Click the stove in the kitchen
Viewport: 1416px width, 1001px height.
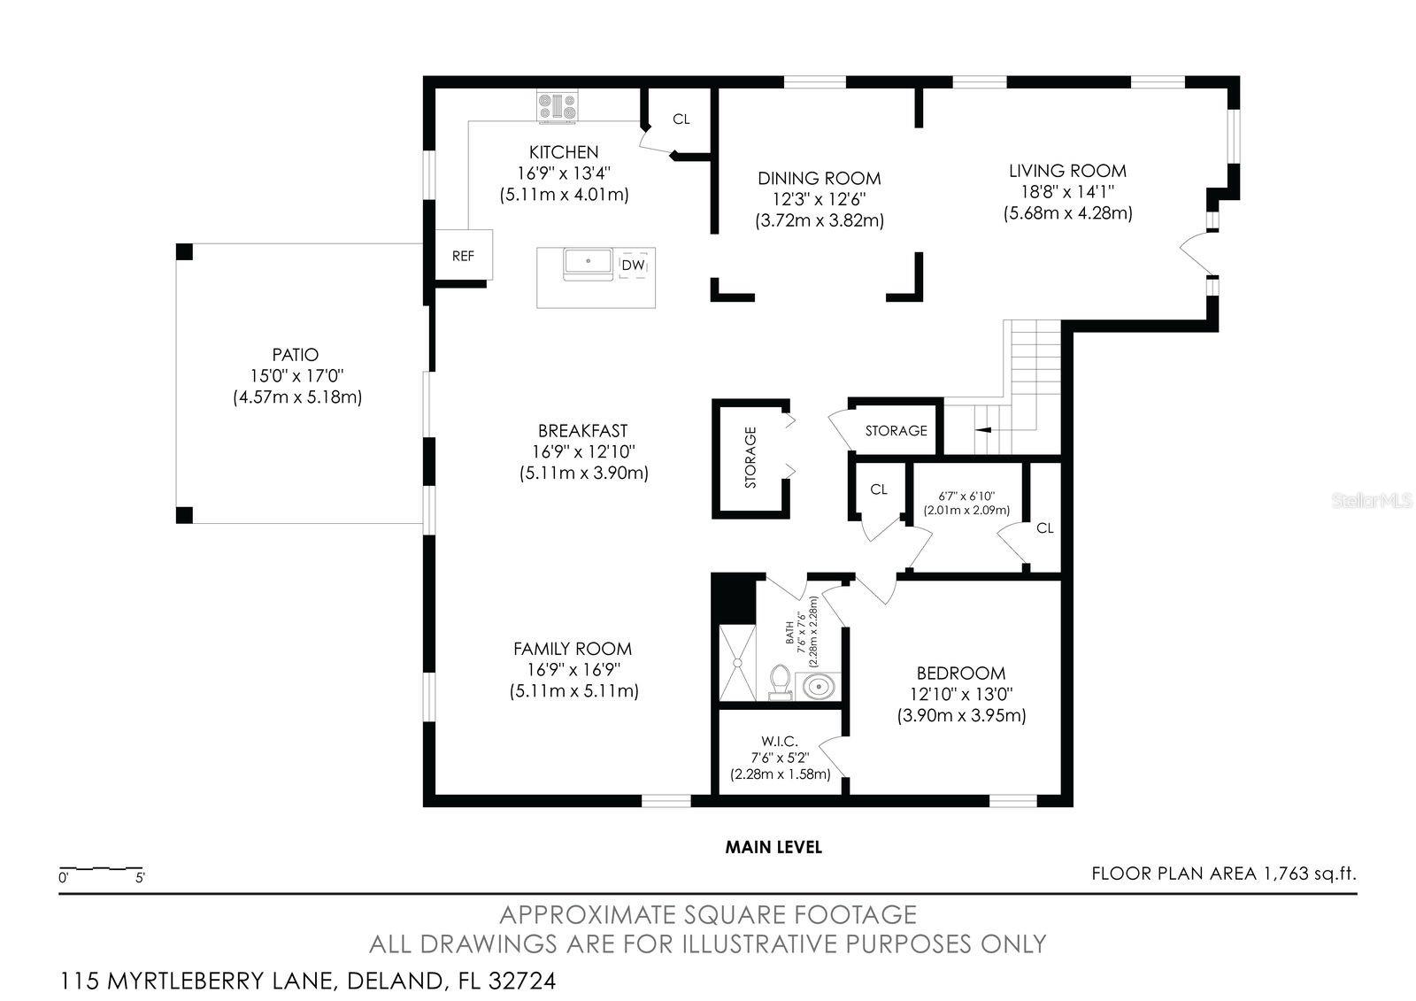coord(557,105)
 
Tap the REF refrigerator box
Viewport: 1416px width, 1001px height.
coord(464,255)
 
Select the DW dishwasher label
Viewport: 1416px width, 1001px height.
coord(633,265)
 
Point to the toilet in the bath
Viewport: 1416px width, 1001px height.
coord(780,682)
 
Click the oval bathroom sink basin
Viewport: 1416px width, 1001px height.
coord(818,686)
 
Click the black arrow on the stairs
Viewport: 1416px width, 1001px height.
coord(983,430)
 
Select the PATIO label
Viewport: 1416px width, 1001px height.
coord(296,355)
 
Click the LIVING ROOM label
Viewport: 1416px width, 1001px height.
coord(1067,171)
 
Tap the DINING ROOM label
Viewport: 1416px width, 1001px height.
coord(820,178)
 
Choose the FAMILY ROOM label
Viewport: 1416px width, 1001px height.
coord(573,649)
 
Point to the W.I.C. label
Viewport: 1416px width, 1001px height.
coord(780,741)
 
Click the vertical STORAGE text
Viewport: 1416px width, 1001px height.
coord(750,458)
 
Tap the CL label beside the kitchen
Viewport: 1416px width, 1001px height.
coord(681,119)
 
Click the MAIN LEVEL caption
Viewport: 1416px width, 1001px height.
coord(773,847)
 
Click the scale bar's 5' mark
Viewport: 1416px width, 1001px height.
coord(141,878)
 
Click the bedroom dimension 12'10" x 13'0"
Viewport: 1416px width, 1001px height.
coord(961,694)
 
